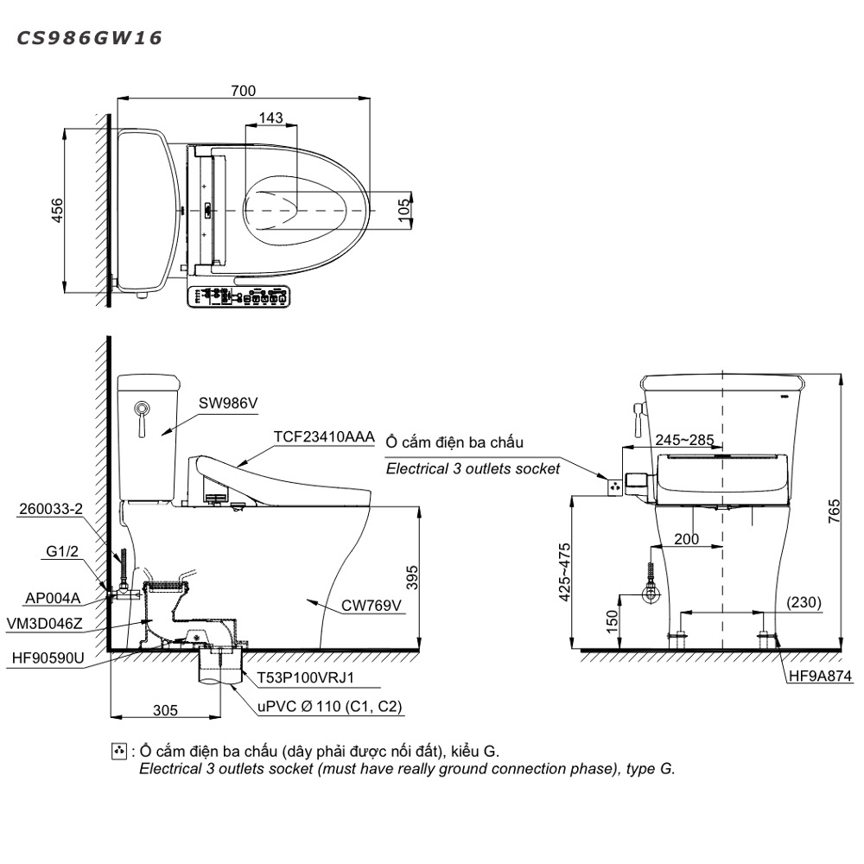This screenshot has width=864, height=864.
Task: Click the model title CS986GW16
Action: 89,38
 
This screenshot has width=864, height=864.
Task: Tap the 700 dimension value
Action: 243,91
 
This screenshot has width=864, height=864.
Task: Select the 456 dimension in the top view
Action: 57,211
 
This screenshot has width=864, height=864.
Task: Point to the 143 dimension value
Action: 270,118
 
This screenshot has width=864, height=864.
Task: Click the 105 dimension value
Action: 403,211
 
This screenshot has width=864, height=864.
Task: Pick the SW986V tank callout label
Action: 228,403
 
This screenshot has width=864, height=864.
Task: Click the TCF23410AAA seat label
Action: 324,437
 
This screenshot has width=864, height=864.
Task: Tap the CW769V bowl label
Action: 372,606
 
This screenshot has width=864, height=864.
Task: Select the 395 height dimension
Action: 411,577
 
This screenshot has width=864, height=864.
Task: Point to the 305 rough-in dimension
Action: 165,710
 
